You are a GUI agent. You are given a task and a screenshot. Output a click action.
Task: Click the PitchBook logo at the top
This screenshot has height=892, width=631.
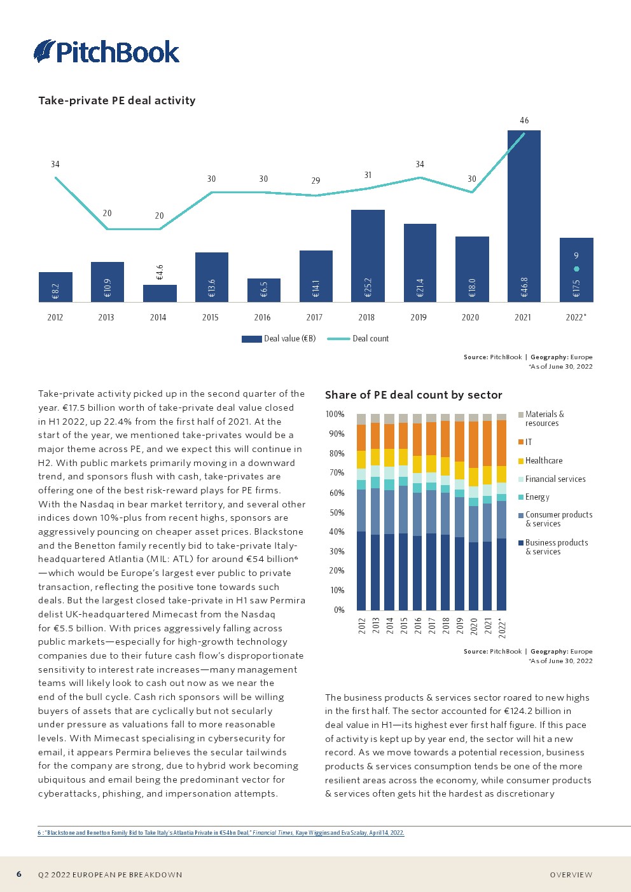pyautogui.click(x=107, y=51)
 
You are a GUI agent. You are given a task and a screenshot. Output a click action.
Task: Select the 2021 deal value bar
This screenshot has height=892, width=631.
pyautogui.click(x=524, y=216)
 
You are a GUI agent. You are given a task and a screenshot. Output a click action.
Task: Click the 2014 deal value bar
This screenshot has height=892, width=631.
pyautogui.click(x=160, y=293)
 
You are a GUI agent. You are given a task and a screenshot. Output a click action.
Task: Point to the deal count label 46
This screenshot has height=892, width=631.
pyautogui.click(x=524, y=120)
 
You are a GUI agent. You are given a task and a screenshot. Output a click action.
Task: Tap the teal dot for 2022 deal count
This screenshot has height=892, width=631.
pyautogui.click(x=576, y=269)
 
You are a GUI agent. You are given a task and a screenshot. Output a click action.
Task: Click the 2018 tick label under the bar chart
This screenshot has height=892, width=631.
pyautogui.click(x=366, y=317)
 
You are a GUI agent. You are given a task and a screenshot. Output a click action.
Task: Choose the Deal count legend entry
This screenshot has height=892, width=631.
pyautogui.click(x=358, y=339)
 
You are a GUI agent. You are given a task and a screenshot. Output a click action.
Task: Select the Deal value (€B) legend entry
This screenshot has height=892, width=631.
pyautogui.click(x=279, y=339)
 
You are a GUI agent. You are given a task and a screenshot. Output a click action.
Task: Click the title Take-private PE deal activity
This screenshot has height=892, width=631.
pyautogui.click(x=117, y=100)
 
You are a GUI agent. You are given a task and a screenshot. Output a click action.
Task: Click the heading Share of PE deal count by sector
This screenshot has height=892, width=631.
pyautogui.click(x=413, y=395)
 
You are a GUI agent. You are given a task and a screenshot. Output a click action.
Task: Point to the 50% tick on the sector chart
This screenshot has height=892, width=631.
pyautogui.click(x=335, y=512)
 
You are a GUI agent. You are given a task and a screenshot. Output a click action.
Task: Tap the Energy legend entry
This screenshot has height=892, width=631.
pyautogui.click(x=536, y=497)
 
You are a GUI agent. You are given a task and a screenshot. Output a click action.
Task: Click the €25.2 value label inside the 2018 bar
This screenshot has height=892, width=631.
pyautogui.click(x=368, y=287)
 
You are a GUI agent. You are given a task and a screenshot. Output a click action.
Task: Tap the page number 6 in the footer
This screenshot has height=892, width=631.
pyautogui.click(x=19, y=874)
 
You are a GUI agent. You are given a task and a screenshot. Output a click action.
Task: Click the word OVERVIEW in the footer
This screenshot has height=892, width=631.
pyautogui.click(x=571, y=875)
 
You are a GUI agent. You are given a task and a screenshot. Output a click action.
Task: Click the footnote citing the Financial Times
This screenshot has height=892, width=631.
pyautogui.click(x=221, y=832)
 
